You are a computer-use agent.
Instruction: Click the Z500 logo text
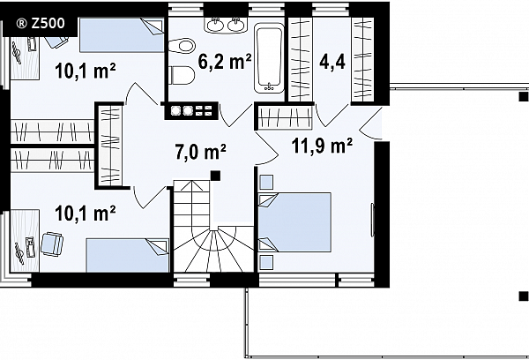(x=41, y=23)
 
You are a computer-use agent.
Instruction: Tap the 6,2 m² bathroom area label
(x=225, y=62)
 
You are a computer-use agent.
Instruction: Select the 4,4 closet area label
(x=332, y=62)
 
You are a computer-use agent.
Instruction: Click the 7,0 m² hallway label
(x=200, y=151)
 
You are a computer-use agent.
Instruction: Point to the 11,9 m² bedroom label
(x=322, y=146)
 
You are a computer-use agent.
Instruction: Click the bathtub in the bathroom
(x=269, y=58)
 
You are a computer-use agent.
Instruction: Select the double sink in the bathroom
(x=226, y=25)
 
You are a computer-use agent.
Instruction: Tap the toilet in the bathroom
(x=182, y=45)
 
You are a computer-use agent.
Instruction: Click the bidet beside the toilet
(x=182, y=75)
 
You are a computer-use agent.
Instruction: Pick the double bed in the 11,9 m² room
(x=294, y=222)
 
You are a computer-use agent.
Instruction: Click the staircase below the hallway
(x=213, y=226)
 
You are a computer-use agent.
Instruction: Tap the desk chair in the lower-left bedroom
(x=52, y=244)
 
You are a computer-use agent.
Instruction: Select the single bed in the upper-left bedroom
(x=122, y=35)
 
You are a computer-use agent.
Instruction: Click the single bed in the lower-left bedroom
(x=127, y=255)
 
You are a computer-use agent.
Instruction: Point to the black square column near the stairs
(x=215, y=176)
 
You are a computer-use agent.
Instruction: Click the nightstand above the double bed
(x=266, y=183)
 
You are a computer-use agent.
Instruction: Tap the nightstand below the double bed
(x=266, y=262)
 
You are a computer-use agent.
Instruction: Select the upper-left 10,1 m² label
(x=86, y=71)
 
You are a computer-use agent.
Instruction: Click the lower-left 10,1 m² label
(x=86, y=214)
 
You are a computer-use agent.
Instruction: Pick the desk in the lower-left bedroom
(x=25, y=241)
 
